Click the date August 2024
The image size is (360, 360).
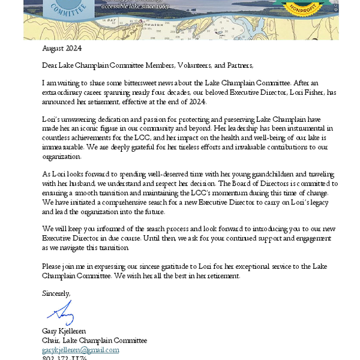62,48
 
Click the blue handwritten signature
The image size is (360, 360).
61,313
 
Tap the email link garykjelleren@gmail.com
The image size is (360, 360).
80,350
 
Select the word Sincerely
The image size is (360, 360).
56,293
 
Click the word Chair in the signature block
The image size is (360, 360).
52,341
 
